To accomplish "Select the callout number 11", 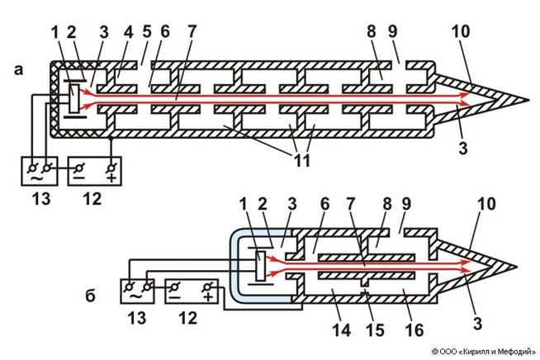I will (301, 161).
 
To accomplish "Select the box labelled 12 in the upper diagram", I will (95, 171).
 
